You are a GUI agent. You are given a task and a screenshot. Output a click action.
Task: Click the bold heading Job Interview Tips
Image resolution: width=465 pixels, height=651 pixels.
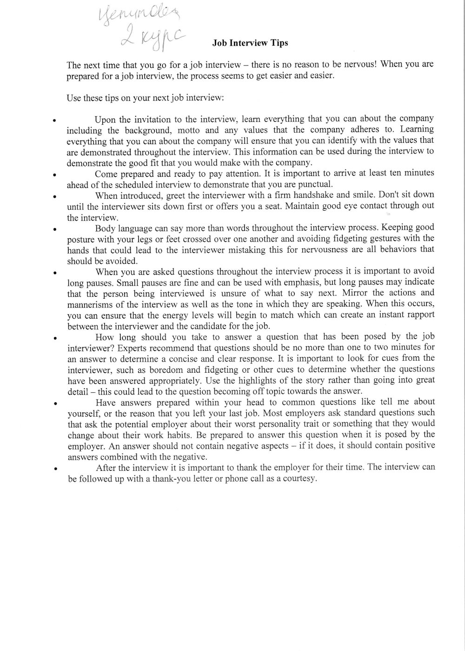250,43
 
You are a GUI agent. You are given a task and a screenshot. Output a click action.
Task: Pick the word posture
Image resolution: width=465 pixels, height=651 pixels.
80,239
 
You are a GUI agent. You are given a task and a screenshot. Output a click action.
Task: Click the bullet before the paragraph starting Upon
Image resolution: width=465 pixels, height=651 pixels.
55,120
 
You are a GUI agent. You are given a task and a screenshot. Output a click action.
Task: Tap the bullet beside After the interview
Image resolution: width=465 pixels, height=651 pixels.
55,470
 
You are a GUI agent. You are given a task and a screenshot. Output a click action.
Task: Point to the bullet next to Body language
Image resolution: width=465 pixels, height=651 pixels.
55,229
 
